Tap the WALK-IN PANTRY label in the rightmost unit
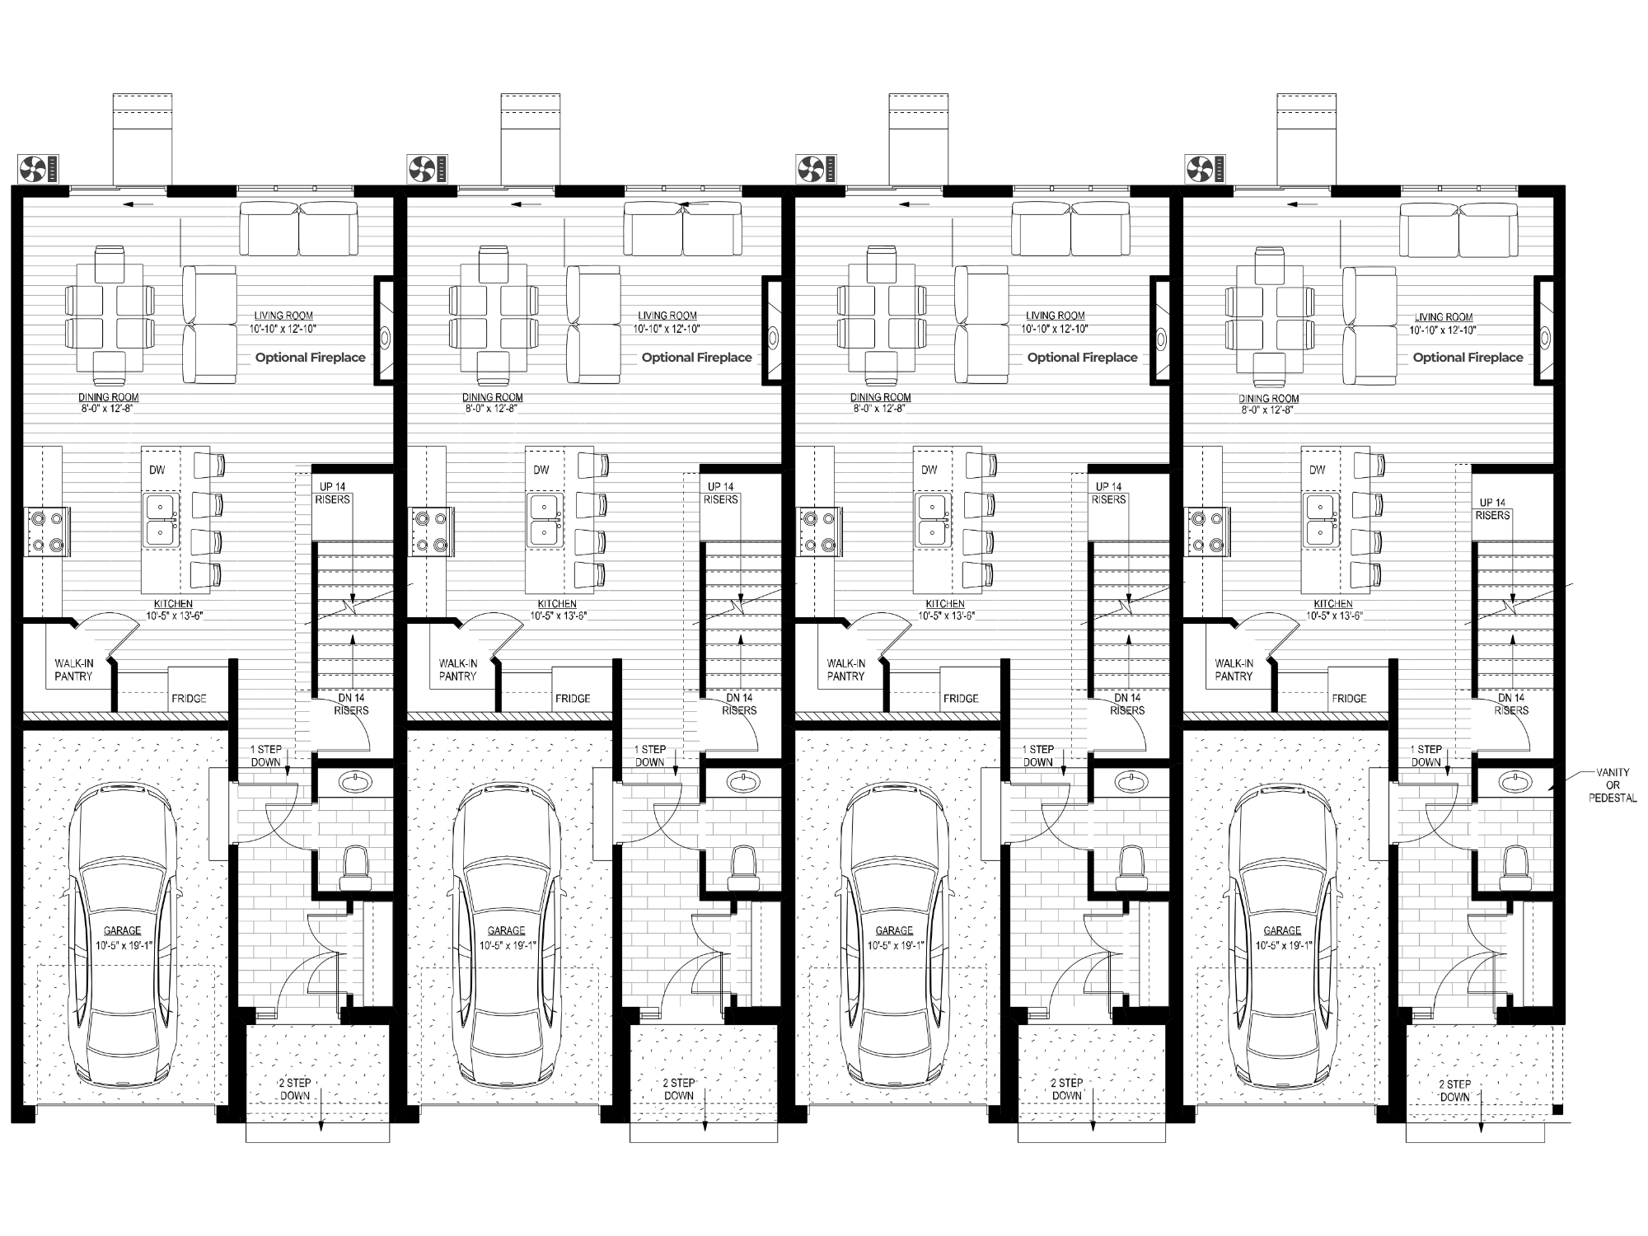coord(1234,670)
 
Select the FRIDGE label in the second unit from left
coord(573,699)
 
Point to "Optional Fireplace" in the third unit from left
coord(1082,358)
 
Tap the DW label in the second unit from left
coord(541,471)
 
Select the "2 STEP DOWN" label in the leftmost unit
coord(295,1089)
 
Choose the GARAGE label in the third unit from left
coord(894,931)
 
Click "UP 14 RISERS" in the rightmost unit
coord(1492,509)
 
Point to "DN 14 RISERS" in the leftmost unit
coord(352,704)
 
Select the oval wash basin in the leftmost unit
coord(355,781)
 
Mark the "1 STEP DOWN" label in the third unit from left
coord(1038,756)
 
